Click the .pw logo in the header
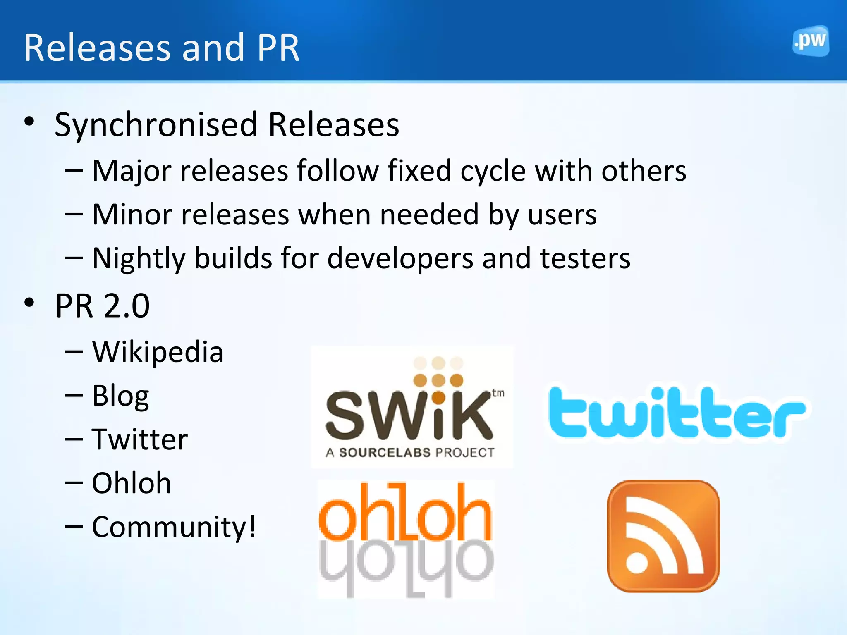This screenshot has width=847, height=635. tap(810, 41)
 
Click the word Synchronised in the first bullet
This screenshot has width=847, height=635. tap(156, 125)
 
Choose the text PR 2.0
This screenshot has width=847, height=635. tap(102, 306)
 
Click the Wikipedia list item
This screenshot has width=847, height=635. tap(158, 352)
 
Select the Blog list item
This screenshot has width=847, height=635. tap(120, 396)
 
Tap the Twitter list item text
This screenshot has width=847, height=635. tap(140, 439)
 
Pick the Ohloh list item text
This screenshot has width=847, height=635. tap(132, 483)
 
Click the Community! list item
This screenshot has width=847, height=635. tap(174, 527)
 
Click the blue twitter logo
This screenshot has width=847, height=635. tap(677, 413)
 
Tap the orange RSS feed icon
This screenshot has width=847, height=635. tap(663, 536)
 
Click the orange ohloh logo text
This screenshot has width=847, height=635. tap(405, 513)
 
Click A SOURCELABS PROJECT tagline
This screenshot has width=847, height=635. tap(410, 452)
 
